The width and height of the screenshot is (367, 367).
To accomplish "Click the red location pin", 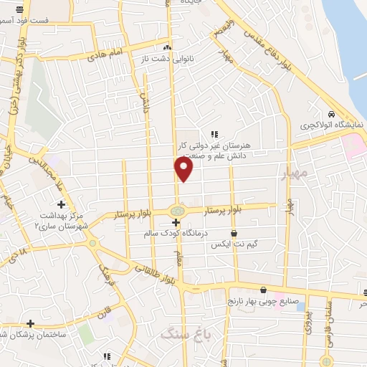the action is point(184,168).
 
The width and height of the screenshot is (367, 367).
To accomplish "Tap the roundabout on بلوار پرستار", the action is point(176,211).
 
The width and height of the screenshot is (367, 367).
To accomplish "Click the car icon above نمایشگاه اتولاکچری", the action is point(331,115).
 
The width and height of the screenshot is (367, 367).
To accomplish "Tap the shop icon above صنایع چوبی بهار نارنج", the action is point(264,290).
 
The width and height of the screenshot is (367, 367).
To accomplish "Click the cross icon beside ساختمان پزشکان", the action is point(31,323).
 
